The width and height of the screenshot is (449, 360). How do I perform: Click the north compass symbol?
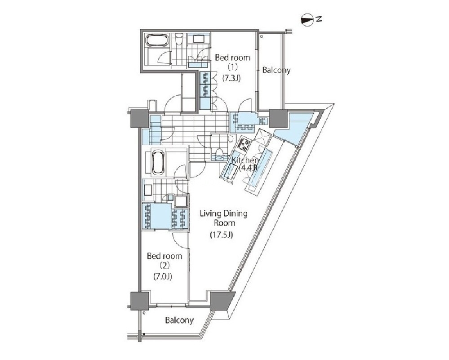coord(307,20)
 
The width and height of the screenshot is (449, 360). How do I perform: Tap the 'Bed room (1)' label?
coord(232,62)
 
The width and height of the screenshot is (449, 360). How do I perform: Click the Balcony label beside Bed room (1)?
coord(276,70)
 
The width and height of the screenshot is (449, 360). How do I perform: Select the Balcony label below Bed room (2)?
coord(179,320)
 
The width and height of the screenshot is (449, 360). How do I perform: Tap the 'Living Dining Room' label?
coord(224,218)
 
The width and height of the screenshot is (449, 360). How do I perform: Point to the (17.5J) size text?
coord(222,235)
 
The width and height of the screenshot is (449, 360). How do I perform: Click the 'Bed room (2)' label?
coord(164,260)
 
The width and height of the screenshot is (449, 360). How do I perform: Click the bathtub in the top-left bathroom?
coord(157,40)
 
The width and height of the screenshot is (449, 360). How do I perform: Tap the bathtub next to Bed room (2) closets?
coord(157,162)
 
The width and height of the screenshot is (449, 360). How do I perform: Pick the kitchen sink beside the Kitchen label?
coord(231,172)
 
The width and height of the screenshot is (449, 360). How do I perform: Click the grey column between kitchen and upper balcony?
coord(278,119)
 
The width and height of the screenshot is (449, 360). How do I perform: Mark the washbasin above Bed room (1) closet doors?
coord(199,39)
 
